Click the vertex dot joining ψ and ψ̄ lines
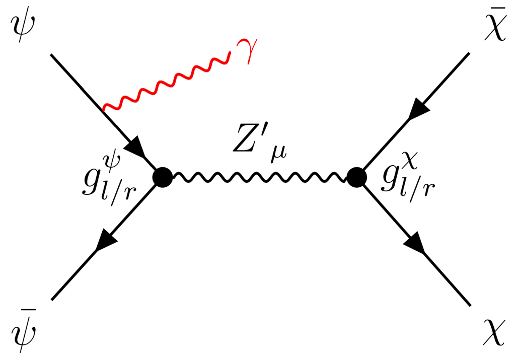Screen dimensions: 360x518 coord(163,177)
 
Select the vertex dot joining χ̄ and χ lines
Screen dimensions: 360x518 coord(356,177)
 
